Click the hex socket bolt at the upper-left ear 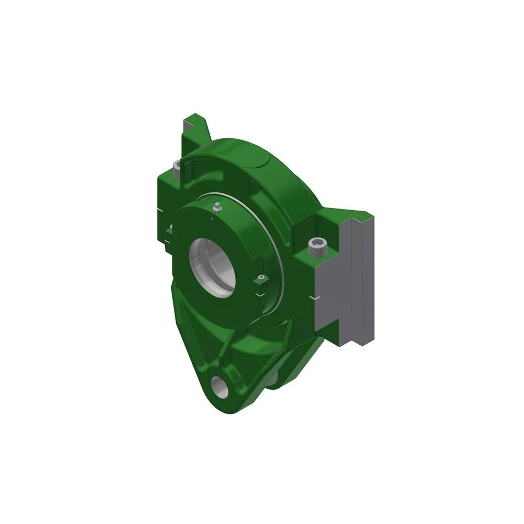point(177,168)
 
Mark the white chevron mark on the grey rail point(313,298)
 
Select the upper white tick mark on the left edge point(161,211)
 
